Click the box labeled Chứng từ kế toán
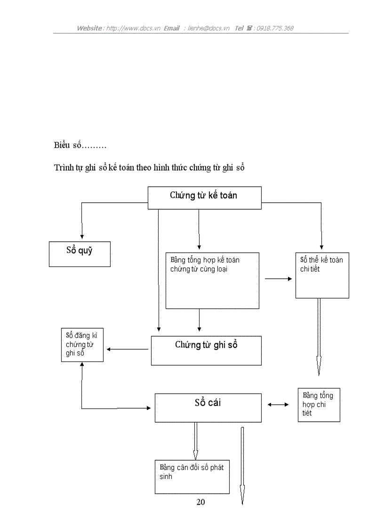pyautogui.click(x=204, y=197)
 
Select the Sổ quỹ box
pyautogui.click(x=80, y=254)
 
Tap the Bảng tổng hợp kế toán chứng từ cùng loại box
pyautogui.click(x=212, y=281)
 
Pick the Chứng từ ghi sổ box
pyautogui.click(x=206, y=350)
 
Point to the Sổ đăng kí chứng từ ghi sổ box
pyautogui.click(x=82, y=345)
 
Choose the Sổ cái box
pyautogui.click(x=208, y=408)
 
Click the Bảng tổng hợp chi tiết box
pyautogui.click(x=319, y=404)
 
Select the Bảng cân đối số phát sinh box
pyautogui.click(x=192, y=476)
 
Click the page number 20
pyautogui.click(x=200, y=502)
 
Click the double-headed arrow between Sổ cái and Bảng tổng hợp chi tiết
pyautogui.click(x=278, y=404)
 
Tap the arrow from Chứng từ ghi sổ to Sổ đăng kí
pyautogui.click(x=128, y=349)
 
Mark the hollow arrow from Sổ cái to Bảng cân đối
pyautogui.click(x=195, y=441)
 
